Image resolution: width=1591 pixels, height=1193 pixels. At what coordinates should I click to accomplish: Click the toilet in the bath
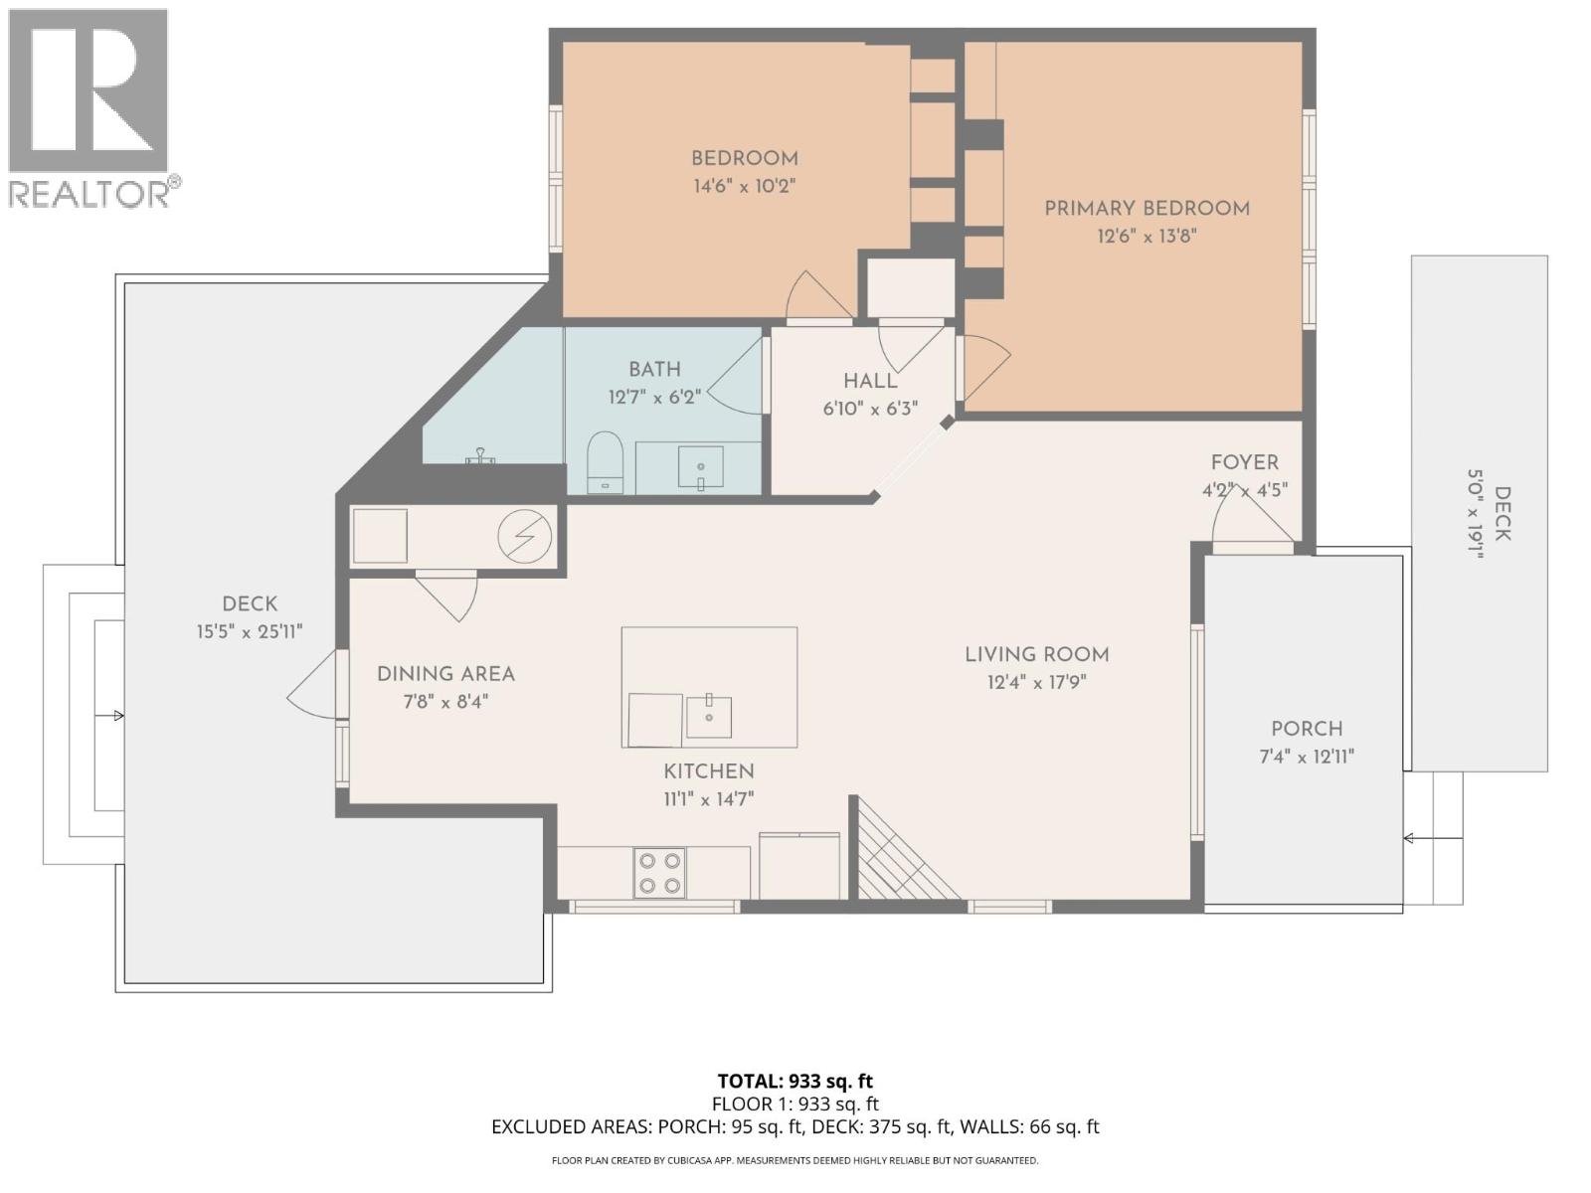click(605, 461)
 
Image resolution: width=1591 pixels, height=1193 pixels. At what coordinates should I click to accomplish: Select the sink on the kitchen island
click(709, 717)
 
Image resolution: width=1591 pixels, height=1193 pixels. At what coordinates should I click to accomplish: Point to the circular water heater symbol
click(525, 537)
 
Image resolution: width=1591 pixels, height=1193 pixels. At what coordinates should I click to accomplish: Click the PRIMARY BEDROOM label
click(1147, 209)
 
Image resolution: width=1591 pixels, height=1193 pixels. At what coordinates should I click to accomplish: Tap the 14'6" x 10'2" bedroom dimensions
click(745, 186)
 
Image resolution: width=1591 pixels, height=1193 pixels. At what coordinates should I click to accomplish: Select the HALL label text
click(870, 382)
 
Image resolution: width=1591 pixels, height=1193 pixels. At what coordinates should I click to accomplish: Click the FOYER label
click(1244, 462)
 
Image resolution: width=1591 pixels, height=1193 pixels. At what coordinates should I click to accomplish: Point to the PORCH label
click(1307, 729)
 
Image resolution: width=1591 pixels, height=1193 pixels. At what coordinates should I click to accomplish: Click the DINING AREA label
click(445, 674)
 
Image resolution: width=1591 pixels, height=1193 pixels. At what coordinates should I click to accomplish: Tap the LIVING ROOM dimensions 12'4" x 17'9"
click(1036, 683)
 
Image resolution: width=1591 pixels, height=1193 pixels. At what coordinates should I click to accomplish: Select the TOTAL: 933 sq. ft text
click(795, 1081)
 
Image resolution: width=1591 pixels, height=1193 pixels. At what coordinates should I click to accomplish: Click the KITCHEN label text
click(709, 771)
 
